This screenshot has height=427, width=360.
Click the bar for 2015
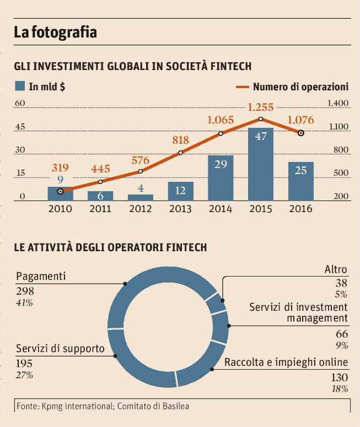(x=261, y=165)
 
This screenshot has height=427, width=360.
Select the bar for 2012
(x=141, y=197)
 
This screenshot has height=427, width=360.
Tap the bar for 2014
(x=221, y=178)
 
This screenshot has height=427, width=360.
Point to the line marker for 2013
(x=181, y=153)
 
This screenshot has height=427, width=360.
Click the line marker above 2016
(x=300, y=133)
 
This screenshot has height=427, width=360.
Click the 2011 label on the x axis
(x=100, y=209)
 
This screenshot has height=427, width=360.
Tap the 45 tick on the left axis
(x=20, y=127)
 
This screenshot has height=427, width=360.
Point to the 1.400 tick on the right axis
(x=337, y=103)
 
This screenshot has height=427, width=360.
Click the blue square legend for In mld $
(x=20, y=86)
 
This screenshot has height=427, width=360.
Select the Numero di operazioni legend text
(x=300, y=87)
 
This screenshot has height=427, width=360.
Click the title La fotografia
(x=55, y=33)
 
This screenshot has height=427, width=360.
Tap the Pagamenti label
(x=41, y=275)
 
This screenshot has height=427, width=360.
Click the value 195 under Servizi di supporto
(x=24, y=363)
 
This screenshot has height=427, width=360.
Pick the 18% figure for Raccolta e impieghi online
(x=340, y=389)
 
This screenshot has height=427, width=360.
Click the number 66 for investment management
(x=342, y=334)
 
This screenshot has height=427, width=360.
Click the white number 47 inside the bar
(x=261, y=136)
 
